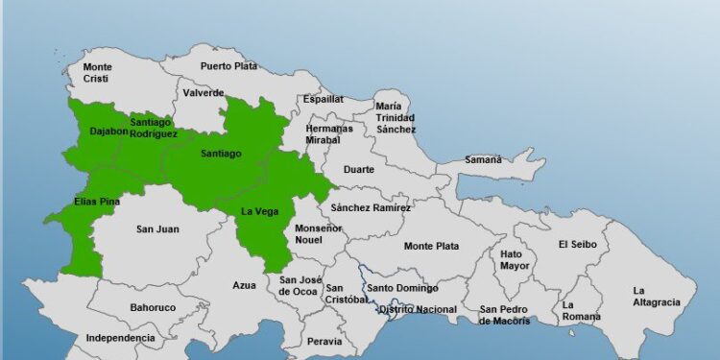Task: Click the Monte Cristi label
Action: (x=97, y=73)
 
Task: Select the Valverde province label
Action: (x=204, y=93)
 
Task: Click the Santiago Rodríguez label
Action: (x=154, y=128)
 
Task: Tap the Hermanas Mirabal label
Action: (x=329, y=133)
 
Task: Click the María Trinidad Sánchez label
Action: (x=396, y=117)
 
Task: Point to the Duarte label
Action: (x=359, y=169)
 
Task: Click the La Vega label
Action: (x=259, y=212)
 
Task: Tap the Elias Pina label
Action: (x=97, y=202)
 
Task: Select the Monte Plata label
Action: (x=431, y=247)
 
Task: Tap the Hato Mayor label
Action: (x=513, y=260)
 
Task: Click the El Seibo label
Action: (x=577, y=244)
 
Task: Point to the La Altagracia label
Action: (x=657, y=296)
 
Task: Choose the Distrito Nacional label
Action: (x=418, y=309)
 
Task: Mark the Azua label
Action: (x=245, y=285)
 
